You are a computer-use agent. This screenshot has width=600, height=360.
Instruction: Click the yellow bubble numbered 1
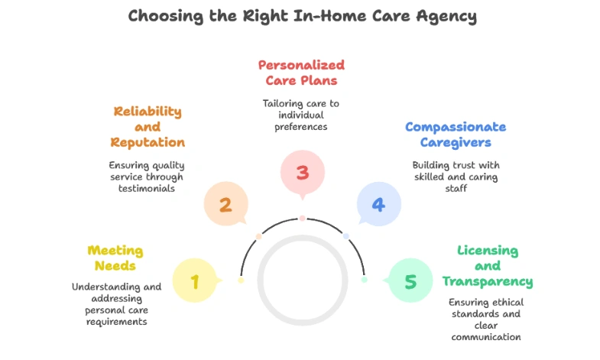pos(195,281)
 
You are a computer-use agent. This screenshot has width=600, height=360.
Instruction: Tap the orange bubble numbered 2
pos(225,204)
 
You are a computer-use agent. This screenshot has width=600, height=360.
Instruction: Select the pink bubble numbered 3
pos(303,173)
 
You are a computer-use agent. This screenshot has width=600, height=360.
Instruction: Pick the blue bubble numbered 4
pos(379,204)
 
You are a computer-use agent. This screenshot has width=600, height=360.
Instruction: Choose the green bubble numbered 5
pos(410,281)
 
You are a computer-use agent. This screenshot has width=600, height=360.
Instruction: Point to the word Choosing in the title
pos(166,17)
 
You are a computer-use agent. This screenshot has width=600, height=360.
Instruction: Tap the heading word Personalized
pos(302,65)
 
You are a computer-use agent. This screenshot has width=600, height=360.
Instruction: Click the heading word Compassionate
pos(456,127)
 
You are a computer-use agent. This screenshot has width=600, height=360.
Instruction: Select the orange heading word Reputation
pos(148,142)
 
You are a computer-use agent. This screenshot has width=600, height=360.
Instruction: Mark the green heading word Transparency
pos(488,281)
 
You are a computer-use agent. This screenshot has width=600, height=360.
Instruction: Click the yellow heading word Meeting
pos(115,251)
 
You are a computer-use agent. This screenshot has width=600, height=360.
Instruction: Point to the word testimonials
pos(147,188)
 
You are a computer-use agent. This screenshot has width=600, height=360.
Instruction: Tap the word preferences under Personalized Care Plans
pos(301,127)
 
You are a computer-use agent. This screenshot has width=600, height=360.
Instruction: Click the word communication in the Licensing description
pos(486,337)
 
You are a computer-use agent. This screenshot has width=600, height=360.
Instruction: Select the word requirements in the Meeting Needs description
pos(117,322)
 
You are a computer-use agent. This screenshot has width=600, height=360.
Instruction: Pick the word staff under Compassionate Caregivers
pos(456,188)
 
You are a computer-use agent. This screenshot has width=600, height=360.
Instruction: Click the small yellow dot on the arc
pos(241,280)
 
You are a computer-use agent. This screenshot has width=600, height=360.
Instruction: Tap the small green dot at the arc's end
pos(365,280)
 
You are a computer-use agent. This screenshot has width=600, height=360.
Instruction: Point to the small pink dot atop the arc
pos(303,218)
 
